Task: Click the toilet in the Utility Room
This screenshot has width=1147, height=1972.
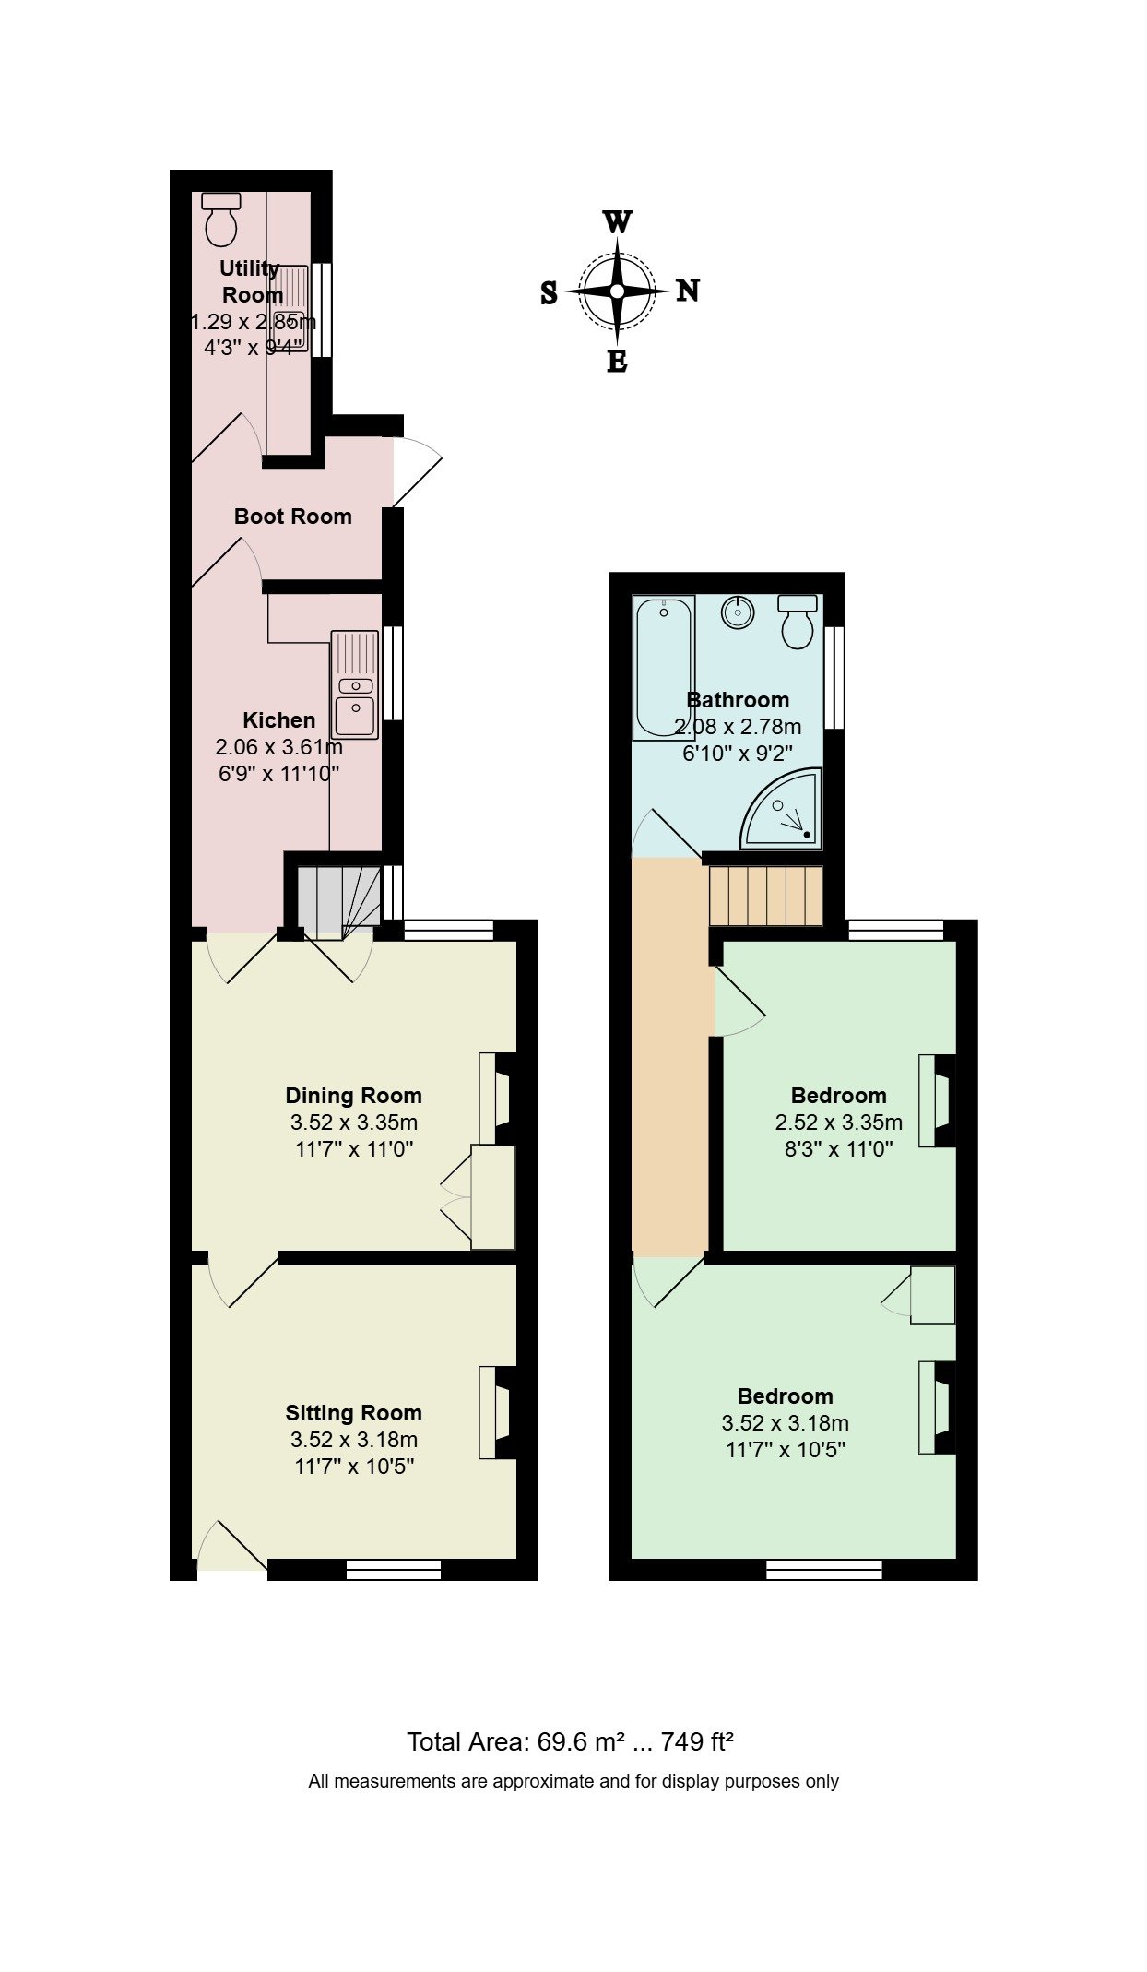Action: click(x=220, y=219)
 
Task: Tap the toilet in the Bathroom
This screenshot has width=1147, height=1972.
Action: click(x=798, y=621)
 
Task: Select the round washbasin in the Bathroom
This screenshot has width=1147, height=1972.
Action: click(x=738, y=612)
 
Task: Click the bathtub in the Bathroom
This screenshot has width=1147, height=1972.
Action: click(x=663, y=667)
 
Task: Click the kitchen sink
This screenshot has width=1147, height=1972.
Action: click(x=355, y=685)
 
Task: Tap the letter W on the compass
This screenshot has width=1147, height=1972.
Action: click(x=617, y=222)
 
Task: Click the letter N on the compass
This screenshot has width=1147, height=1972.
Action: click(x=688, y=291)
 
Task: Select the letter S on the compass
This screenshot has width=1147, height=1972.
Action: click(x=549, y=293)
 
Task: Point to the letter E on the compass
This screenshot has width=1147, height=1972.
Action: click(x=617, y=362)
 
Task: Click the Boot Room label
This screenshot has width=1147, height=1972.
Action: click(x=293, y=517)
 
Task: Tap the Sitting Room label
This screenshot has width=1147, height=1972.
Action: click(x=354, y=1413)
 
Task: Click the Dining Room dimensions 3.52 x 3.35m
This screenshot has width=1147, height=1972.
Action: click(x=354, y=1123)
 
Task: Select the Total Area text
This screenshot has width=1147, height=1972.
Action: click(x=571, y=1741)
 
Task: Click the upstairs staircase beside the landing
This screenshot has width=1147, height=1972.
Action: click(x=765, y=895)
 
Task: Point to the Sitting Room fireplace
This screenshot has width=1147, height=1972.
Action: click(x=497, y=1412)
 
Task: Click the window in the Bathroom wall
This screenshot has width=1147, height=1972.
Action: click(x=834, y=678)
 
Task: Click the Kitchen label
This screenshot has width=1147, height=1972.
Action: click(x=279, y=720)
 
